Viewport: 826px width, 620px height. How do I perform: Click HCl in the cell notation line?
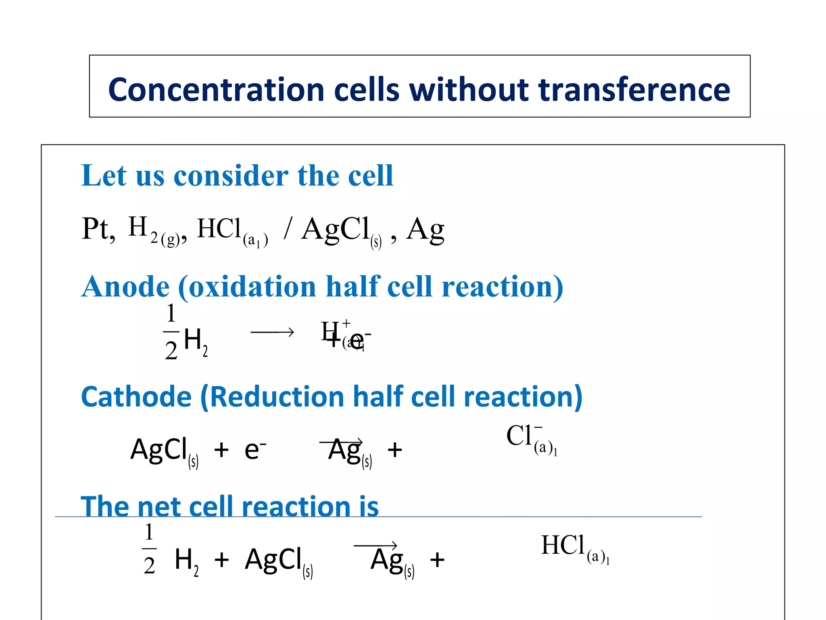coord(219,229)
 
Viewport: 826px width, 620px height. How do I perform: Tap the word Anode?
coord(125,287)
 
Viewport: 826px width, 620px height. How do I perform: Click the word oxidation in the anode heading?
coord(252,287)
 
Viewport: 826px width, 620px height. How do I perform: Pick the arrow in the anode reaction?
coord(272,332)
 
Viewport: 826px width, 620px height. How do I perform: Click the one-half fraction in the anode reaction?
coord(171,332)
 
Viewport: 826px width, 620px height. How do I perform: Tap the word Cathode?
coord(136,397)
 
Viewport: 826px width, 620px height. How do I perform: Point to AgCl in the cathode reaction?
coord(159,450)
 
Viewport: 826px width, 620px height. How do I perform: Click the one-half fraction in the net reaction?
coord(149,549)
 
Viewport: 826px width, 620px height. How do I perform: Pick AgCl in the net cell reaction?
coord(274,560)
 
